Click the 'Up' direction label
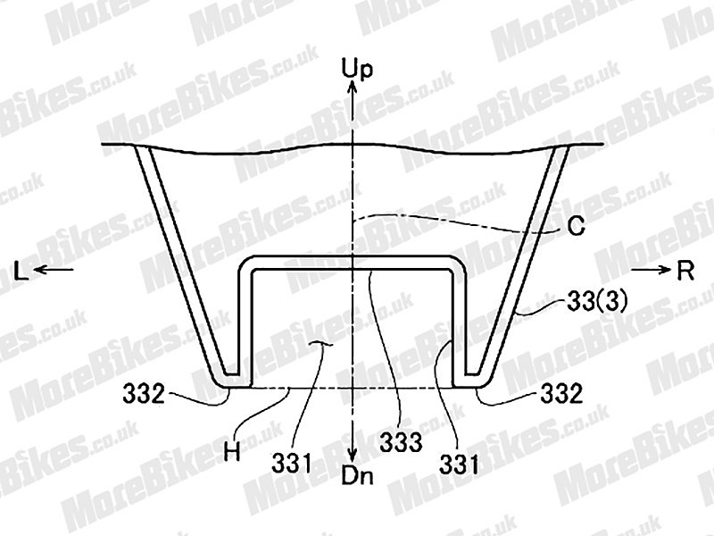point(357,70)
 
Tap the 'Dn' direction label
point(358,476)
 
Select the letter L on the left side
point(21,272)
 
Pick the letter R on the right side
point(685,272)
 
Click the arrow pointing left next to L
point(54,270)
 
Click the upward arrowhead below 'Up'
point(351,87)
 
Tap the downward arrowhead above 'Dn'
point(351,455)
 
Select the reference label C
point(577,227)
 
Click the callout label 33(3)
point(597,302)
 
